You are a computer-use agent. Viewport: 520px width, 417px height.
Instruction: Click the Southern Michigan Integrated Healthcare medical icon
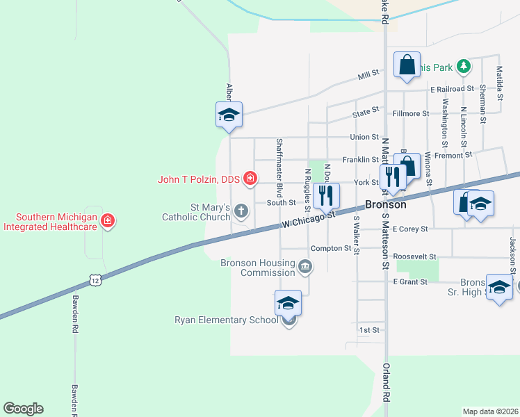click(108, 222)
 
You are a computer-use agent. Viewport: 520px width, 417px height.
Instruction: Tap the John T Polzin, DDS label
click(199, 179)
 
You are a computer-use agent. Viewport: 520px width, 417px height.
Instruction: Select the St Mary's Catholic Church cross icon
click(241, 210)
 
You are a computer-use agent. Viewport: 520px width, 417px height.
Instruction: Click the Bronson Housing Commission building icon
click(305, 267)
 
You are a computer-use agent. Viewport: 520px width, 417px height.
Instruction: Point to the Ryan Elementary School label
click(225, 320)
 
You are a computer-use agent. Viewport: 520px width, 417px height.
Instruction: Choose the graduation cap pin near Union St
click(229, 115)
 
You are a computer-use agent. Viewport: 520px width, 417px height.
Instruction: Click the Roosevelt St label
click(414, 256)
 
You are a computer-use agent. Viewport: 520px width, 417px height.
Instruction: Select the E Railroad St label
click(452, 89)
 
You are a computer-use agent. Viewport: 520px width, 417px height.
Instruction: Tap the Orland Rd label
click(386, 393)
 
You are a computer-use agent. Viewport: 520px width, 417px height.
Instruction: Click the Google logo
click(23, 409)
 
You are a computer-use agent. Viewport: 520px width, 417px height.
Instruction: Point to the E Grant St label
click(409, 281)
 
